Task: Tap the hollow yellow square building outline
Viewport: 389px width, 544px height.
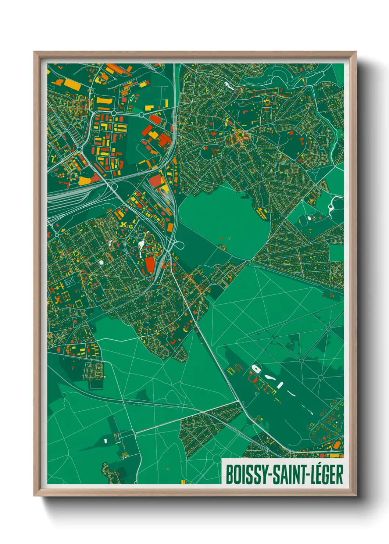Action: [x=78, y=304]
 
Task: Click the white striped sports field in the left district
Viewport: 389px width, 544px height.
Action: [x=70, y=282]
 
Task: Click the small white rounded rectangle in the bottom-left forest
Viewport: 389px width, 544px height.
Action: [x=105, y=440]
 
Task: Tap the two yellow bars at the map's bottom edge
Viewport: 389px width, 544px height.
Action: [x=183, y=482]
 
